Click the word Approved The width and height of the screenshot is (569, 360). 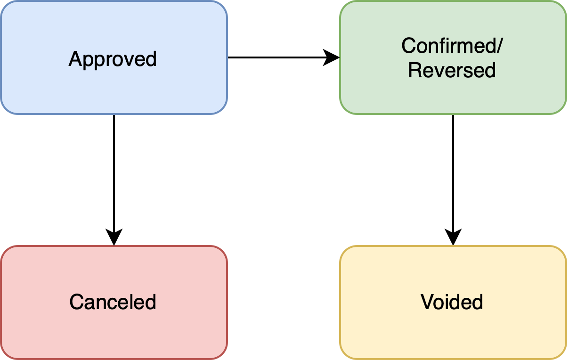click(113, 59)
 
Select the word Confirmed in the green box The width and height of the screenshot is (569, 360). click(449, 46)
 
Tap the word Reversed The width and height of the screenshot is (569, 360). click(452, 70)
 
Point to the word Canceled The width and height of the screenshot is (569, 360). click(113, 302)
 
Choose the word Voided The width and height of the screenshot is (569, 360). click(452, 302)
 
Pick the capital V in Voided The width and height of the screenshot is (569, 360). click(427, 302)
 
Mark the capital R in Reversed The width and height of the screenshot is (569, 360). click(414, 70)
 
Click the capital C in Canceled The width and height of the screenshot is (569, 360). click(76, 302)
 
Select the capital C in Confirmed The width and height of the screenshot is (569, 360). click(408, 46)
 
